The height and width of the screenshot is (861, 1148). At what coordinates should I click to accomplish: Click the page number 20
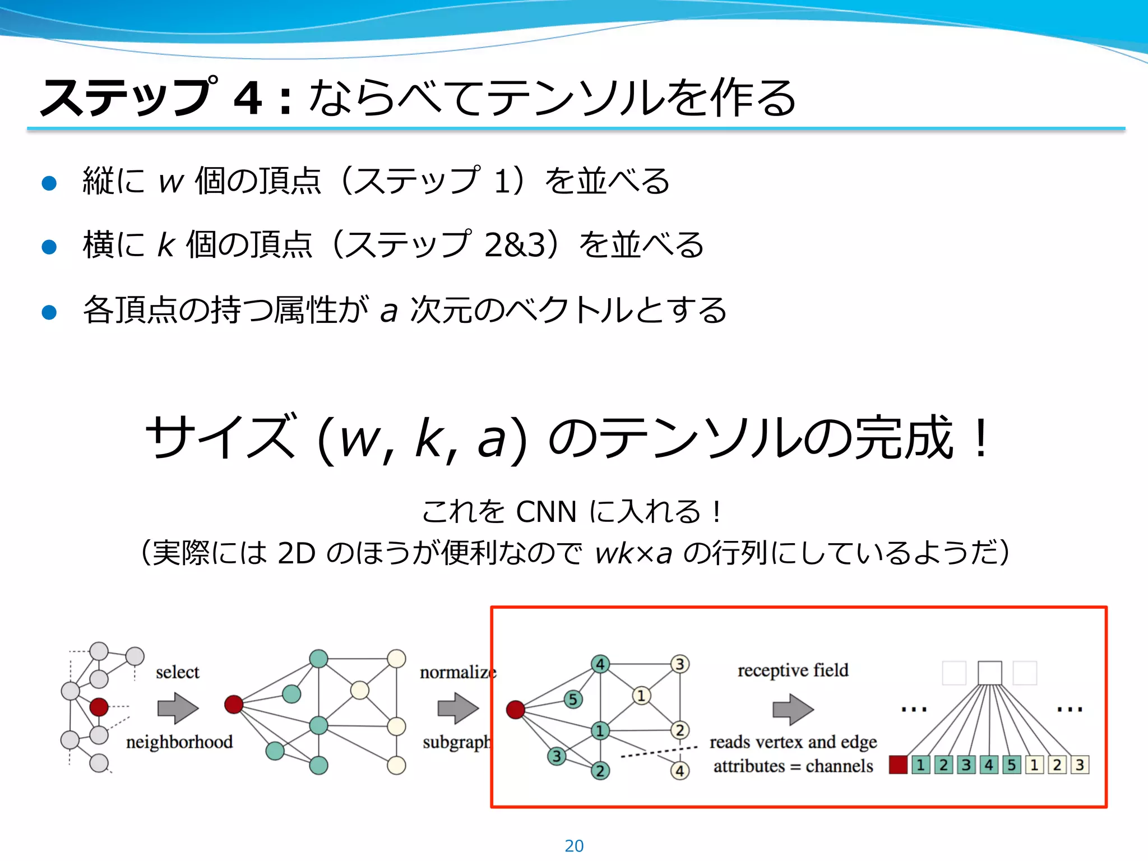pyautogui.click(x=574, y=845)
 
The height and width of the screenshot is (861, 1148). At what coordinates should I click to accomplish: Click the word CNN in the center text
pyautogui.click(x=546, y=511)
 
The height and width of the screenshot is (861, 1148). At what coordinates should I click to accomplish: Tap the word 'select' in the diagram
pyautogui.click(x=177, y=672)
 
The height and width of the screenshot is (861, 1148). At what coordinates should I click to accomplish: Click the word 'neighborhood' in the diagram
pyautogui.click(x=179, y=742)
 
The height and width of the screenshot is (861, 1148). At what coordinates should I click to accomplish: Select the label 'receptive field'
pyautogui.click(x=793, y=670)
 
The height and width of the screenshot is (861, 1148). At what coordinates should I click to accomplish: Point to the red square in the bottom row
pyautogui.click(x=898, y=765)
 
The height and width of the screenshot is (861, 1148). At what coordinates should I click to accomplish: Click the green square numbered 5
pyautogui.click(x=1011, y=765)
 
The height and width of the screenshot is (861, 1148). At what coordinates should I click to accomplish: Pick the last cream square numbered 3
pyautogui.click(x=1080, y=765)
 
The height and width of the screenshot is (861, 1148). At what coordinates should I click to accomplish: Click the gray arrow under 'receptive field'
pyautogui.click(x=793, y=709)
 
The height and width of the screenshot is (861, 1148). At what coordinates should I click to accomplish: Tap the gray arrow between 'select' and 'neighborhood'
pyautogui.click(x=178, y=708)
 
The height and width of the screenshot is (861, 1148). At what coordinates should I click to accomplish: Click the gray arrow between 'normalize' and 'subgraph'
pyautogui.click(x=457, y=708)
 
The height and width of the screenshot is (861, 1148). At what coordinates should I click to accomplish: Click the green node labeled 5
pyautogui.click(x=572, y=699)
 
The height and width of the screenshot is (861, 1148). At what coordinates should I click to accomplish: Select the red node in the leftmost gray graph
pyautogui.click(x=99, y=707)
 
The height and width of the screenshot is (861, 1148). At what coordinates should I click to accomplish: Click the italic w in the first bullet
pyautogui.click(x=171, y=182)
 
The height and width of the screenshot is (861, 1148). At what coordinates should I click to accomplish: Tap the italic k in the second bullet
pyautogui.click(x=166, y=246)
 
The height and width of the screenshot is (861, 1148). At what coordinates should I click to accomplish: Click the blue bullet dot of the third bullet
pyautogui.click(x=49, y=312)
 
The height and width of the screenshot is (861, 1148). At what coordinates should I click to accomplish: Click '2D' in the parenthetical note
pyautogui.click(x=296, y=553)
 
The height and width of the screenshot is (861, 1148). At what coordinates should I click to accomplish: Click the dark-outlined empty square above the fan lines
pyautogui.click(x=989, y=673)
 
